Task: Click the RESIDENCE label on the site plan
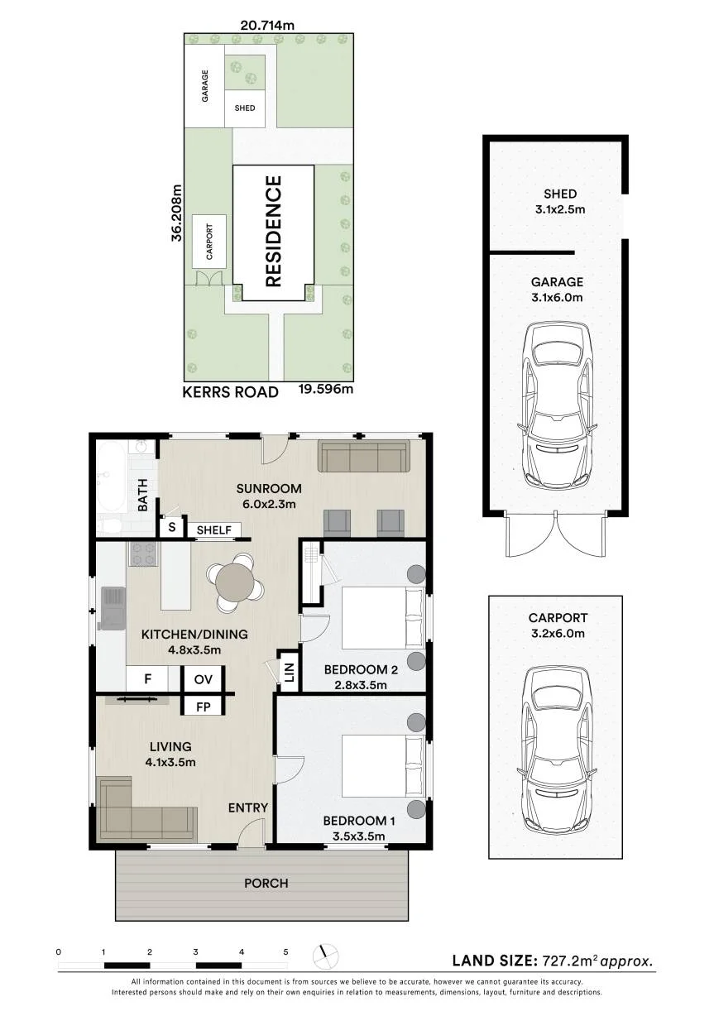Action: pos(274,232)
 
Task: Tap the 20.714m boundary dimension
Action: pos(267,26)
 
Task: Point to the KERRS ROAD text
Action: pos(230,392)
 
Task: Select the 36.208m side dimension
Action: pos(177,213)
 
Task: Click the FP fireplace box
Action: pos(203,707)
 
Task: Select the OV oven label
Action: pos(203,680)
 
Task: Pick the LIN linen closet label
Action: pos(290,673)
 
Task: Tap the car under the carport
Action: pos(558,752)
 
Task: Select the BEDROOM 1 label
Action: pos(359,821)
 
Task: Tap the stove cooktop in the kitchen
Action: pos(143,554)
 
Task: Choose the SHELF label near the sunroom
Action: pos(214,530)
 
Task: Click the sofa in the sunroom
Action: pos(364,457)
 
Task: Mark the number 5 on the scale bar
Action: pos(285,952)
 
